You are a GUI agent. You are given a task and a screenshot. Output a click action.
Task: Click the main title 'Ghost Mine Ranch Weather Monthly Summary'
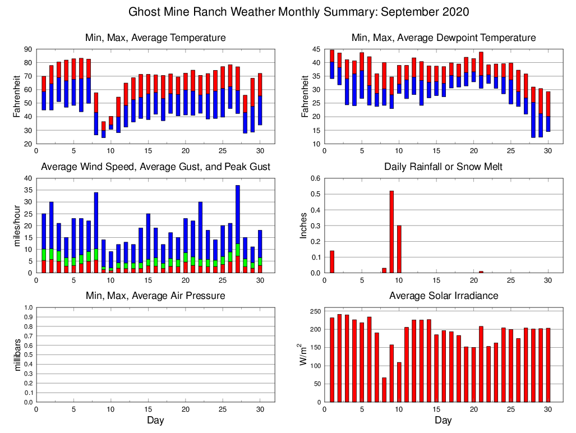click(299, 12)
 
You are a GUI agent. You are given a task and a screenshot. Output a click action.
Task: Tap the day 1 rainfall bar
click(332, 261)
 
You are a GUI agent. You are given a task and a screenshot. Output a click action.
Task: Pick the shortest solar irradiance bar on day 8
click(384, 390)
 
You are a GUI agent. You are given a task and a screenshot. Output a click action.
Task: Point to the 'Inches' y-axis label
click(305, 225)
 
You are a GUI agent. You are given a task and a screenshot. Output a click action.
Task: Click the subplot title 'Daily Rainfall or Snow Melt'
click(443, 167)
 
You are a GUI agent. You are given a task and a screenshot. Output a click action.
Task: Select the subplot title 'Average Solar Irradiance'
click(443, 296)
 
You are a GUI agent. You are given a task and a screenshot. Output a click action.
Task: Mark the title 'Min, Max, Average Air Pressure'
click(155, 296)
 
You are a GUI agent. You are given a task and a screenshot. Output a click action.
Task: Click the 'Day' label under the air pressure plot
click(155, 420)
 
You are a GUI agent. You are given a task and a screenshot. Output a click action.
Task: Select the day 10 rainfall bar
click(399, 249)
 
